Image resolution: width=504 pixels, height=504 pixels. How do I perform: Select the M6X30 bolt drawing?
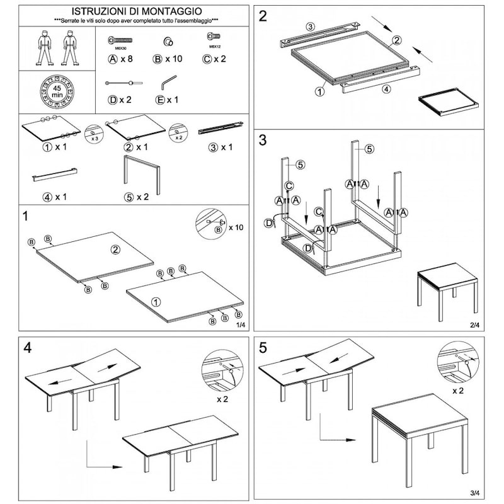click(120, 41)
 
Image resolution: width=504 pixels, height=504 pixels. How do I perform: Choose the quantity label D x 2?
click(120, 100)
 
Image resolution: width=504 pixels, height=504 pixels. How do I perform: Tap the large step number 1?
click(26, 217)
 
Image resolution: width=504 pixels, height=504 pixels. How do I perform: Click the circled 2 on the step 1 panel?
click(115, 249)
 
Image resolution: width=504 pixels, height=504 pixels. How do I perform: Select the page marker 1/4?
click(240, 325)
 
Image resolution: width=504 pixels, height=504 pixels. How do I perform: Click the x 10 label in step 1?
click(236, 227)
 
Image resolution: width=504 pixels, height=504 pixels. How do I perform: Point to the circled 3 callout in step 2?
click(310, 26)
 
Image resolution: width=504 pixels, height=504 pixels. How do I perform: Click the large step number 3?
click(263, 140)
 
